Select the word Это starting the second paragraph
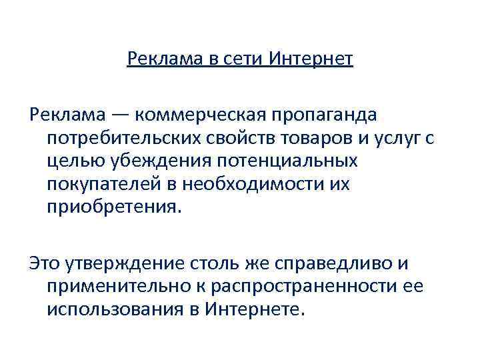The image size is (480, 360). (45, 263)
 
